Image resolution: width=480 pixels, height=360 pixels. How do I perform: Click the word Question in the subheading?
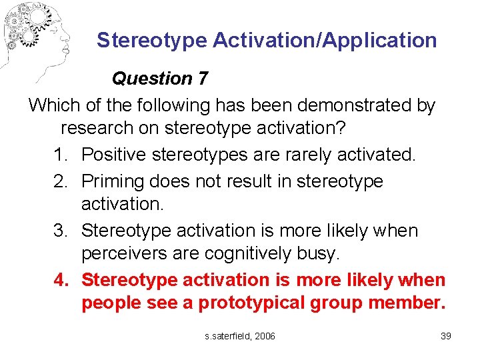coord(152,79)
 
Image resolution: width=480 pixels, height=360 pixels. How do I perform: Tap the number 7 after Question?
coord(203,79)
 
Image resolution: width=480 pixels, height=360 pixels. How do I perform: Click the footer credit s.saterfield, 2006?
coord(240,336)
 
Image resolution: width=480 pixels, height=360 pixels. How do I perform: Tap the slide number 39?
coord(446,336)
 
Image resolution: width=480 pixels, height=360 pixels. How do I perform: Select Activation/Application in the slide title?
coord(325,40)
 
